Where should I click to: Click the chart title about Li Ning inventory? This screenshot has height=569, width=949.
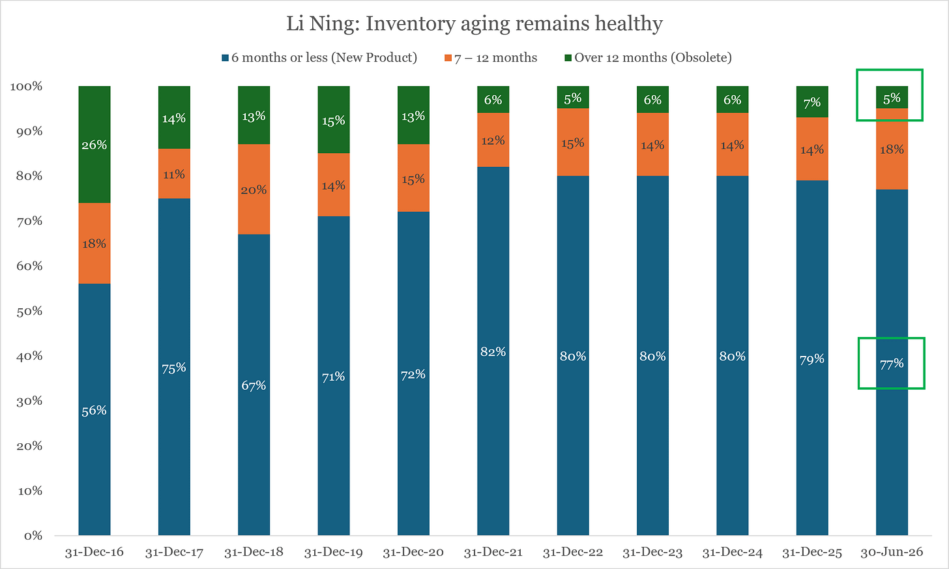[474, 23]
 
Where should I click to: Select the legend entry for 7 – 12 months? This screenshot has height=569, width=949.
[491, 57]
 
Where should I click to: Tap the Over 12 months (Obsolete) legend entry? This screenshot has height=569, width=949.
[648, 57]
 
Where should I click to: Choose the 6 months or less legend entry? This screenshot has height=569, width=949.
[319, 57]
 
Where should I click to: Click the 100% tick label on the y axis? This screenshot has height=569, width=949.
[26, 87]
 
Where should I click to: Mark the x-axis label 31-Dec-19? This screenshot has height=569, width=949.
[334, 553]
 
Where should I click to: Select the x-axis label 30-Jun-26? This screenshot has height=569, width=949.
[892, 553]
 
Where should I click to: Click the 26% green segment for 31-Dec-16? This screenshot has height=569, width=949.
[95, 145]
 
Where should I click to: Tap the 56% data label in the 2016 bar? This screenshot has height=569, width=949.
[94, 411]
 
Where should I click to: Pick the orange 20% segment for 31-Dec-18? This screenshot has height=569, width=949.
[254, 190]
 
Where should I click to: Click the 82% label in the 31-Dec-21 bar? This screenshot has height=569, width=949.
[493, 352]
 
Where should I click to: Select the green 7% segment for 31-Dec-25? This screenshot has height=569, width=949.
[812, 102]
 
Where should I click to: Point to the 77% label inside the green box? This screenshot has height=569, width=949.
[892, 364]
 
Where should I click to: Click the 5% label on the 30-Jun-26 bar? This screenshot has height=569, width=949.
[892, 98]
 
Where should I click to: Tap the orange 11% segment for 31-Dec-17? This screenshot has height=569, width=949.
[174, 174]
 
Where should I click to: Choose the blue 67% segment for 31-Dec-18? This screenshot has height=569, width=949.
[254, 385]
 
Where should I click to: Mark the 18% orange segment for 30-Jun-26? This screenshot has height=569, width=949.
[892, 149]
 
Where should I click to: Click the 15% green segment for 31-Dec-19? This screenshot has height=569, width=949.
[334, 120]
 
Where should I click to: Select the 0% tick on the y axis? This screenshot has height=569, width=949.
[33, 536]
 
